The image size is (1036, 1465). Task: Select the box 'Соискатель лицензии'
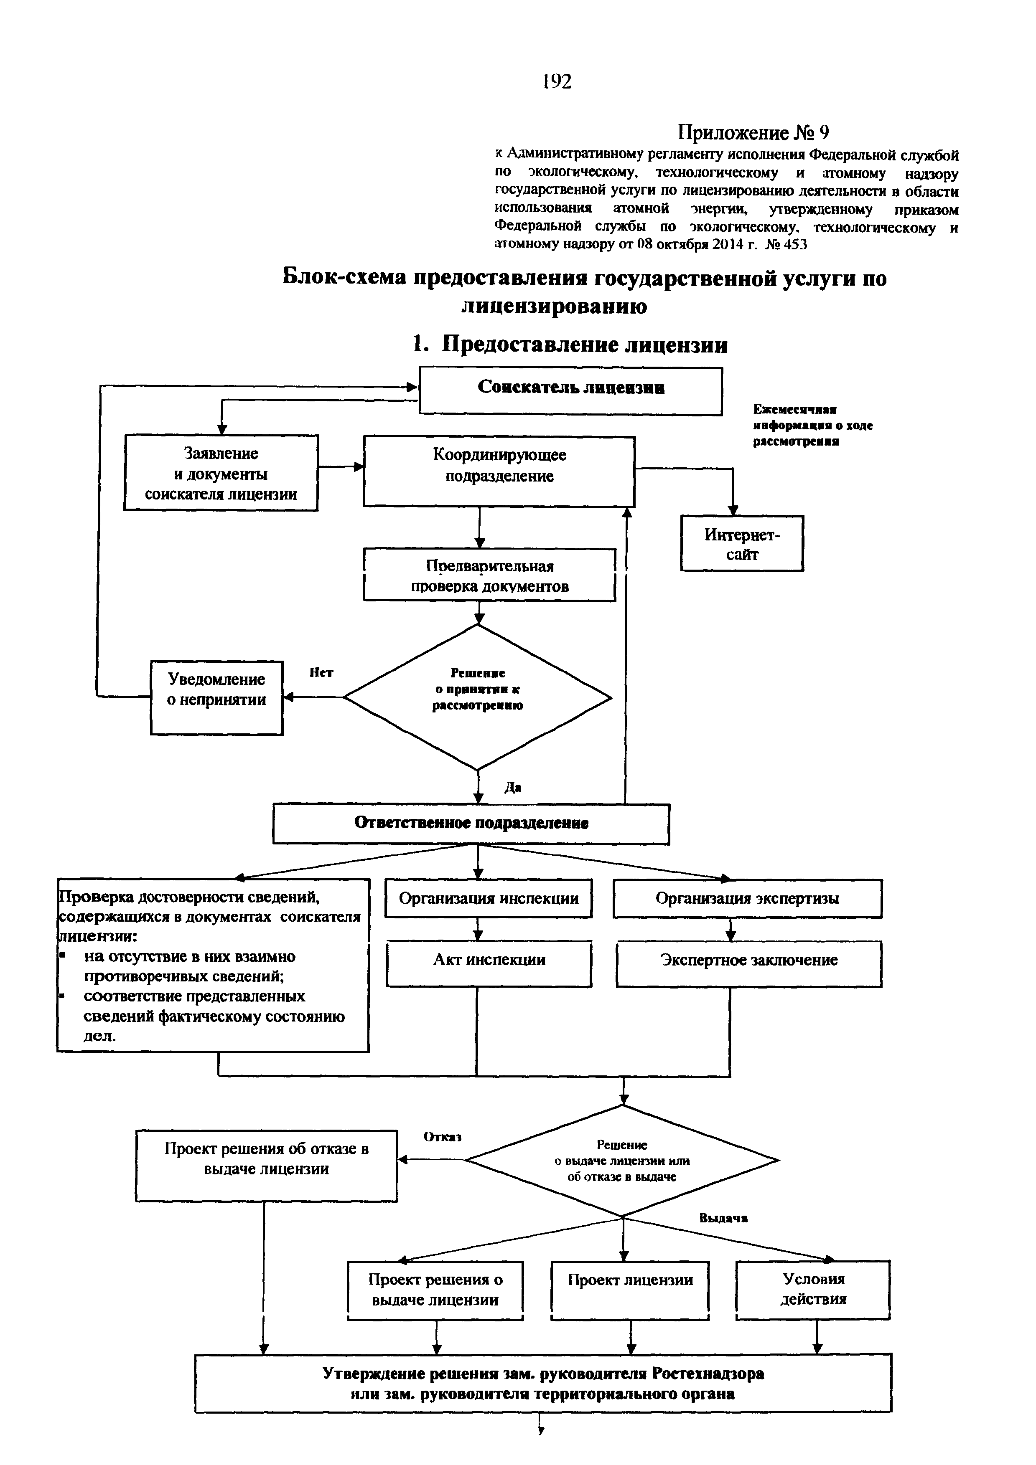pos(571,390)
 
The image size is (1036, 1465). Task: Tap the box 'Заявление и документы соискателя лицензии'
pos(221,473)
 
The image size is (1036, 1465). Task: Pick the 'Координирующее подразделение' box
pos(499,471)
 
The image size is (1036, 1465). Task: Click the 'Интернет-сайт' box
pos(742,543)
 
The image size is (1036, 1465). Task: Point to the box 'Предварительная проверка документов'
pos(490,575)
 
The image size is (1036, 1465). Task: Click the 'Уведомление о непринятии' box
pos(216,697)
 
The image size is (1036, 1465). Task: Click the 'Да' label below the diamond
pos(513,788)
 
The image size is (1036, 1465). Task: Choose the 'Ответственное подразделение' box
pos(471,824)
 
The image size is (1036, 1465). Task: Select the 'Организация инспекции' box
pos(488,898)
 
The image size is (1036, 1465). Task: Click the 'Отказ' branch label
pos(443,1137)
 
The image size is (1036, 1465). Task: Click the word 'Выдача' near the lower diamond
pos(723,1218)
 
